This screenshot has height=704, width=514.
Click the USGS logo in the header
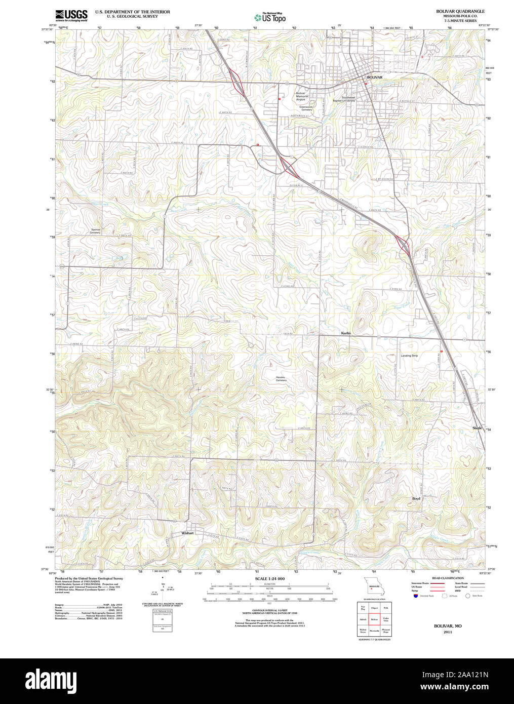click(x=71, y=15)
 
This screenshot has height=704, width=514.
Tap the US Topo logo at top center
click(x=270, y=17)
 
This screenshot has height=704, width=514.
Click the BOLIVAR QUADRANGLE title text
click(x=460, y=11)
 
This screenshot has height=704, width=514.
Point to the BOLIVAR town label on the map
click(x=375, y=77)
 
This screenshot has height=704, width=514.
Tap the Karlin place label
click(x=346, y=333)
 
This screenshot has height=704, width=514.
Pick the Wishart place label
click(x=188, y=533)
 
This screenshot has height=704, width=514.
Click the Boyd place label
click(x=416, y=498)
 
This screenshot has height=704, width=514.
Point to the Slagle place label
click(x=477, y=428)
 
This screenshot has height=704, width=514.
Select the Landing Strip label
click(x=409, y=356)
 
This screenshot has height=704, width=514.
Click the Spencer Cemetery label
click(x=95, y=231)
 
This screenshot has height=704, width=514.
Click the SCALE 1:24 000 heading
click(x=269, y=578)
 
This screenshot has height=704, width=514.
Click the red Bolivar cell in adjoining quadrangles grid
click(x=375, y=619)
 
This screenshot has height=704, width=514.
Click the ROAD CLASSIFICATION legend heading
click(x=448, y=578)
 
